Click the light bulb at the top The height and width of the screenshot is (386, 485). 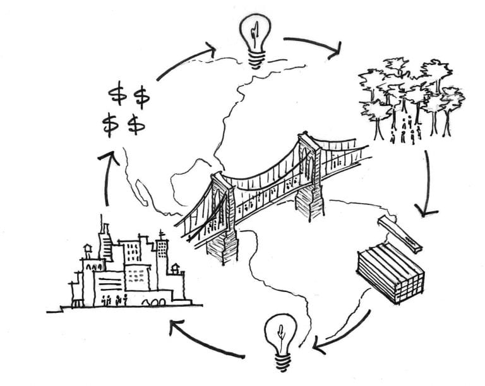(256, 35)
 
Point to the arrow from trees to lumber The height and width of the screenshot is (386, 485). (428, 183)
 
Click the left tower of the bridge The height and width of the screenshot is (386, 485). (222, 214)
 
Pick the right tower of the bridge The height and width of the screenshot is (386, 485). (309, 173)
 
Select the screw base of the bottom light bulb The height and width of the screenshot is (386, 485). (281, 360)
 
